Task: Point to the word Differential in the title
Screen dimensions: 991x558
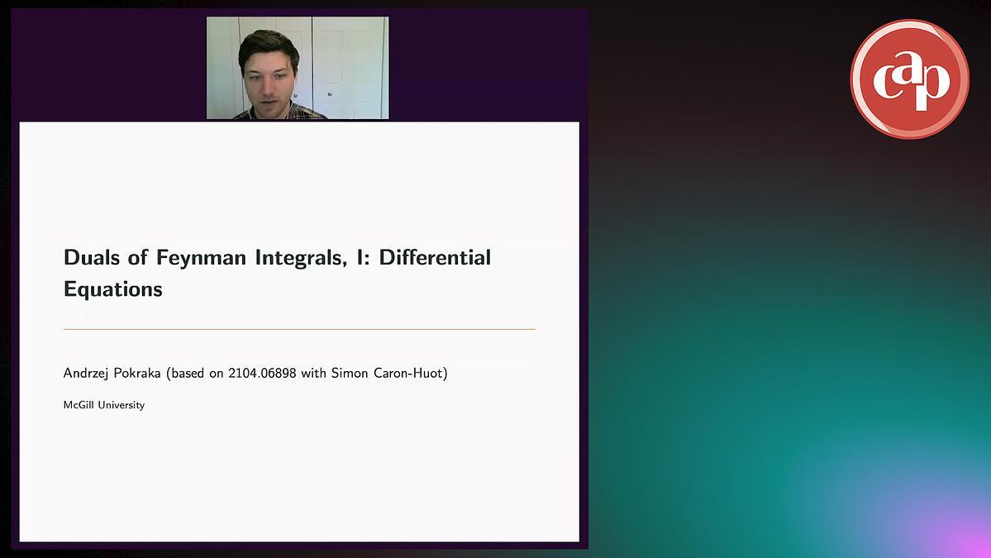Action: click(x=435, y=257)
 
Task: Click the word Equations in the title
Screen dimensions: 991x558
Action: click(x=113, y=289)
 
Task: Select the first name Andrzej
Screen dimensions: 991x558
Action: click(x=86, y=374)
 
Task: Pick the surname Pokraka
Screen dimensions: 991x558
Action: click(x=136, y=373)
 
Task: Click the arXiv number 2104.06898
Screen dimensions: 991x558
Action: click(x=262, y=373)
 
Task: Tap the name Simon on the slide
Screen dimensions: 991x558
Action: click(x=350, y=373)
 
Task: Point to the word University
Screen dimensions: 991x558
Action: click(x=121, y=405)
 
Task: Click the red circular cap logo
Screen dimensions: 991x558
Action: click(x=909, y=79)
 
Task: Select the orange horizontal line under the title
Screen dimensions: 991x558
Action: click(x=299, y=329)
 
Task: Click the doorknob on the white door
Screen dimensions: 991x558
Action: click(x=329, y=94)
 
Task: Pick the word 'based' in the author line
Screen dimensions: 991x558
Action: click(x=188, y=373)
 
